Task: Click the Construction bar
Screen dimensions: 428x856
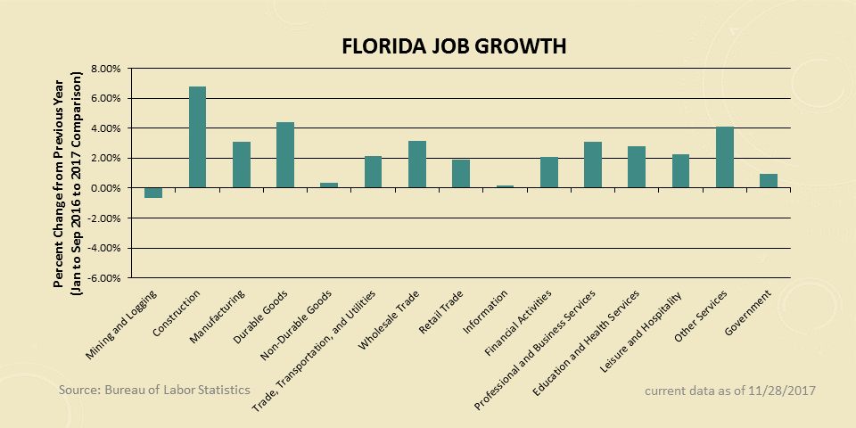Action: click(197, 137)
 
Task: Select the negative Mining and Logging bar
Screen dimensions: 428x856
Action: click(153, 193)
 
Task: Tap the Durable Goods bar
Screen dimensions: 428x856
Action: click(285, 155)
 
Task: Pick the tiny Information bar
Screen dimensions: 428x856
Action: click(505, 186)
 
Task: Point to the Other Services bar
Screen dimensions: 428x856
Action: click(724, 158)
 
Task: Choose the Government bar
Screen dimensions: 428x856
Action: click(768, 181)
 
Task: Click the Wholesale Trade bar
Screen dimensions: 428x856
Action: click(417, 165)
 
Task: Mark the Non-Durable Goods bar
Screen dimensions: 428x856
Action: click(329, 185)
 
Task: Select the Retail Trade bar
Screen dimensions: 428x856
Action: click(461, 174)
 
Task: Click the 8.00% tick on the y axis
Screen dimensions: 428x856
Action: click(105, 69)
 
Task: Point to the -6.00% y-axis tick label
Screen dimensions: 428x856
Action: click(103, 278)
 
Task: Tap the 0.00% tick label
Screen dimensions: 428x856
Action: click(105, 188)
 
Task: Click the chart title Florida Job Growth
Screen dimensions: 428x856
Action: click(454, 46)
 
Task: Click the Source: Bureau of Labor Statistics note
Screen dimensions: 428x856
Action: click(154, 391)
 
